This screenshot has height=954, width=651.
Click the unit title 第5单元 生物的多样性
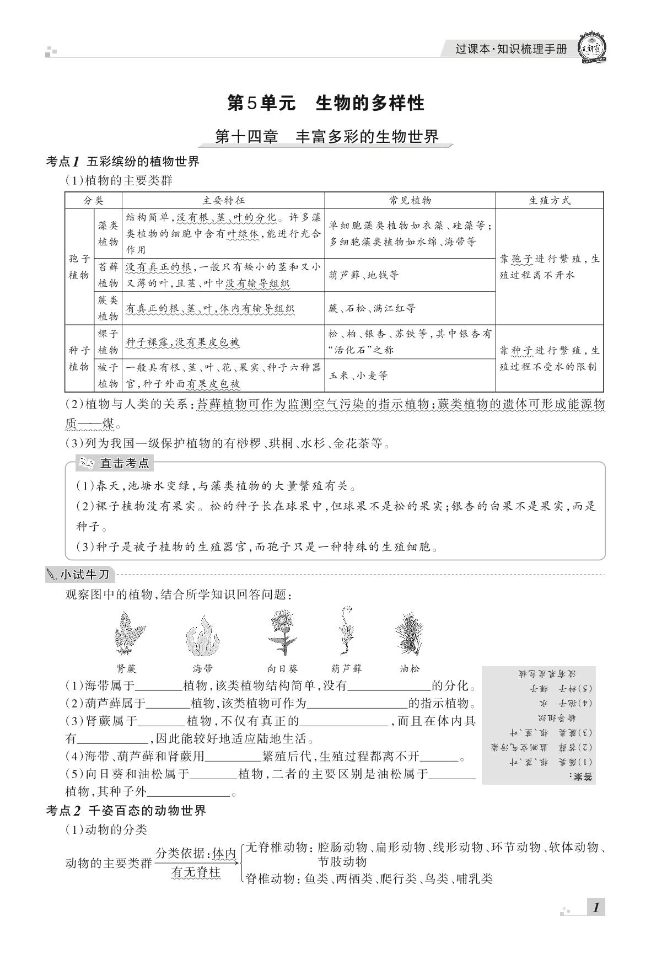[x=326, y=103]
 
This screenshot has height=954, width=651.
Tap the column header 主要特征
[x=223, y=201]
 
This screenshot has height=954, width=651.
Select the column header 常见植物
[x=410, y=201]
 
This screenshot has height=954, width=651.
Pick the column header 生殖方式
[x=549, y=201]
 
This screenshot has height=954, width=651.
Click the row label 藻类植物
[x=108, y=233]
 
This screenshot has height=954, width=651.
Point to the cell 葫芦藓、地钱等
[x=364, y=275]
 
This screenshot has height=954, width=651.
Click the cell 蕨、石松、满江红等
[x=372, y=308]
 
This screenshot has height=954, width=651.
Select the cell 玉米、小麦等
[x=358, y=376]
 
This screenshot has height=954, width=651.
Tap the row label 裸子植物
[x=108, y=342]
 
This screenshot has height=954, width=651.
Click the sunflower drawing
[x=283, y=632]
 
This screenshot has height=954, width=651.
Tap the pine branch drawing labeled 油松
[x=409, y=633]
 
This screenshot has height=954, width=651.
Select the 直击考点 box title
[x=117, y=463]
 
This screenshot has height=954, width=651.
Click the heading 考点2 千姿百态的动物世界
[x=126, y=811]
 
